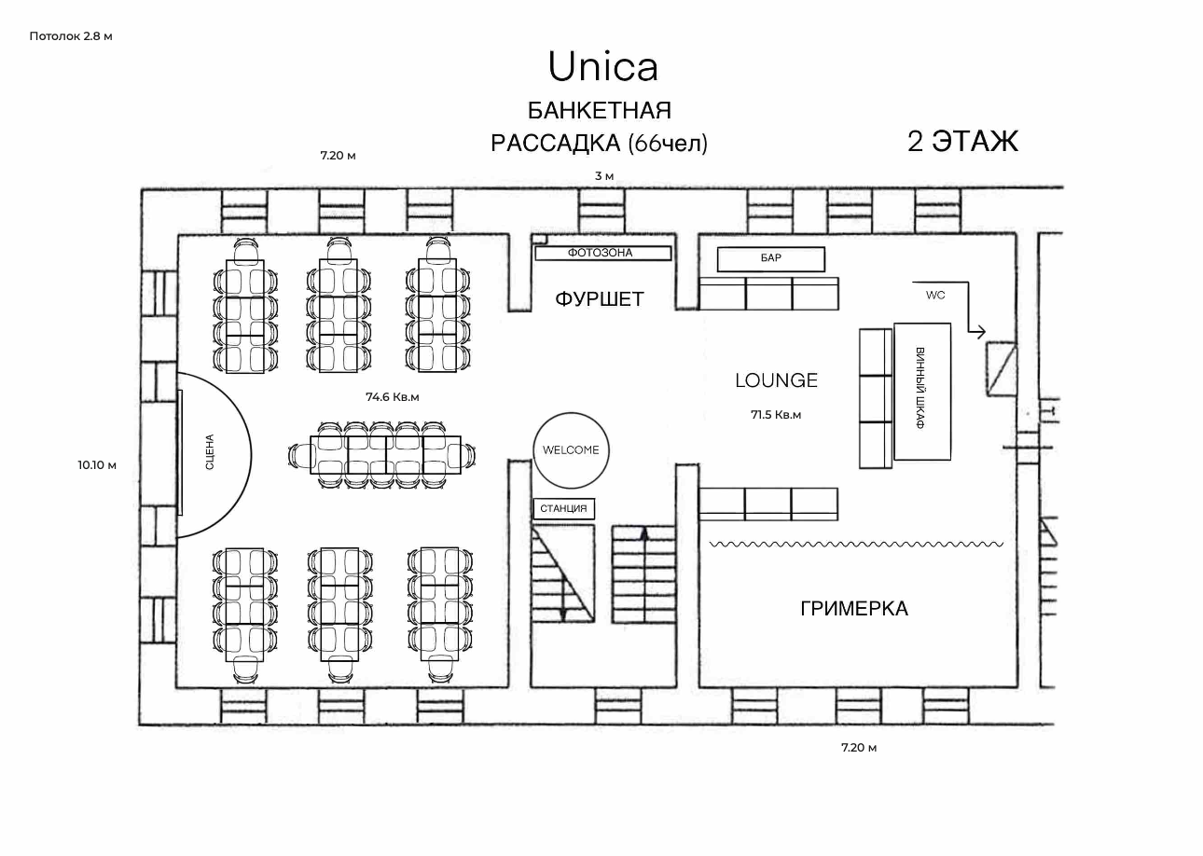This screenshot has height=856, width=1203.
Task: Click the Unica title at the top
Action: [x=602, y=67]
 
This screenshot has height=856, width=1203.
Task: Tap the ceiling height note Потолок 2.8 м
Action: [x=71, y=36]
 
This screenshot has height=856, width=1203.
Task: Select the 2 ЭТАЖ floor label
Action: [x=962, y=141]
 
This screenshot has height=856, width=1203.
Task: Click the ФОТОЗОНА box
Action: [x=603, y=253]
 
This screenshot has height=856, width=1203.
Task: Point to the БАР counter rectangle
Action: [x=770, y=259]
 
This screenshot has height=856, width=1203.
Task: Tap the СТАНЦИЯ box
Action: [x=564, y=508]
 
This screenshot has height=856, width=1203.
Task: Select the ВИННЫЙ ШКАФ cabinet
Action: [x=922, y=391]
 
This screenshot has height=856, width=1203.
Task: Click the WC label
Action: [x=935, y=295]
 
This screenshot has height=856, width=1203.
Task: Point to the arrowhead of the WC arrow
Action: [x=981, y=332]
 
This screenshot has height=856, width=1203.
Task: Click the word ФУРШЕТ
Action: [x=600, y=298]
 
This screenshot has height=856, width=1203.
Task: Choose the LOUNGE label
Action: [x=776, y=380]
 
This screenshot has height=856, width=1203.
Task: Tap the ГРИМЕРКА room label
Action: [x=854, y=609]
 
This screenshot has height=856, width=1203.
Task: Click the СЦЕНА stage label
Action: [x=210, y=451]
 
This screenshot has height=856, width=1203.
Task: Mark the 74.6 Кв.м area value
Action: [x=393, y=397]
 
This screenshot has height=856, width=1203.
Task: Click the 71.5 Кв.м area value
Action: [x=776, y=415]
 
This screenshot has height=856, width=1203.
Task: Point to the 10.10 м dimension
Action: [x=97, y=465]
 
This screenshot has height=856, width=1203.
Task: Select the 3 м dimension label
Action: [x=604, y=176]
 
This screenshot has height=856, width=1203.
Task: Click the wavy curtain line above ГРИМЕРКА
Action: [x=857, y=544]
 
